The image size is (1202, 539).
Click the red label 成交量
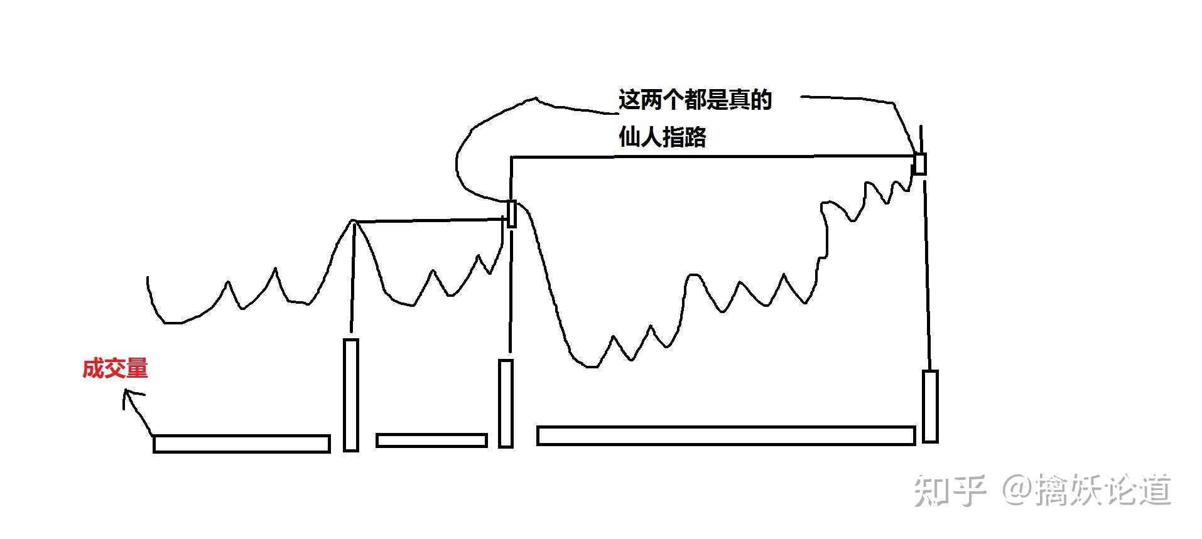[115, 368]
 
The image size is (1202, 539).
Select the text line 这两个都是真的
[695, 100]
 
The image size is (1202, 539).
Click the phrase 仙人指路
[662, 137]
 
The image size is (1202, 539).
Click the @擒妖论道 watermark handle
[1086, 490]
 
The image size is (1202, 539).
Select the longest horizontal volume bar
[725, 435]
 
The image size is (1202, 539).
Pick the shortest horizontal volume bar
[431, 440]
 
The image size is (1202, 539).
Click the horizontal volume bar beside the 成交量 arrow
[242, 444]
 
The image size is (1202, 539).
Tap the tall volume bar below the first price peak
[351, 395]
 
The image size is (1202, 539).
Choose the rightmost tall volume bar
[929, 406]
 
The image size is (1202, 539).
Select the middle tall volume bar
[506, 403]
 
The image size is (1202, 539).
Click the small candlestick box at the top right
[919, 163]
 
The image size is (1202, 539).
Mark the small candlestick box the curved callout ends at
[511, 214]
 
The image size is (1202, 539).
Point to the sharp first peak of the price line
[353, 221]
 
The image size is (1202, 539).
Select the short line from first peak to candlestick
[430, 220]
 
